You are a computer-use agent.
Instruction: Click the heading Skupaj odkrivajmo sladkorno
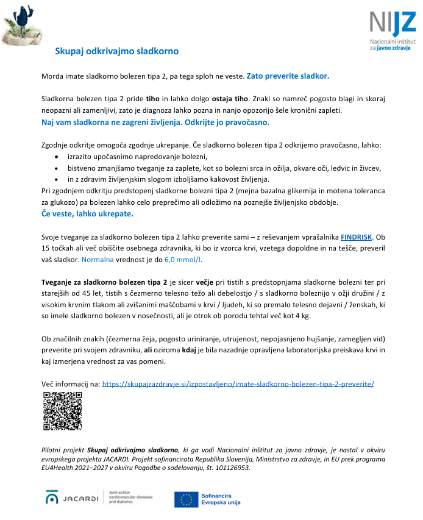[x=117, y=51]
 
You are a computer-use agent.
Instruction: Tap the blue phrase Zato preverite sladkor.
[x=288, y=77]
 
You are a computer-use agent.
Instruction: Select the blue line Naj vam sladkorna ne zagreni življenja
[x=155, y=122]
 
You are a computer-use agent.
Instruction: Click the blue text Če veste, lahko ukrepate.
[x=87, y=214]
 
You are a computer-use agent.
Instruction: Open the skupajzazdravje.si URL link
[x=238, y=384]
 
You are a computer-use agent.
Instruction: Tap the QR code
[x=62, y=411]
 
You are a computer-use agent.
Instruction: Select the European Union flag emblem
[x=185, y=499]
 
